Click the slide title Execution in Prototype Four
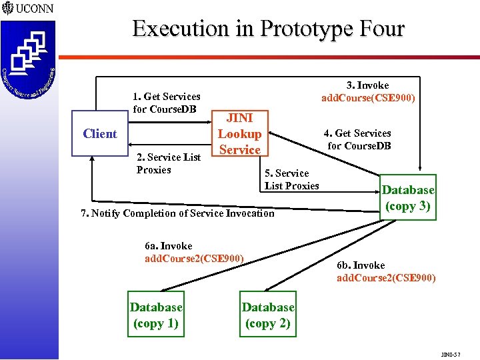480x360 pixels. click(268, 29)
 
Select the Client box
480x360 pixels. click(99, 133)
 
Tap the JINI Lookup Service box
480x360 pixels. click(239, 134)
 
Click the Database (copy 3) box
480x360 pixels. click(407, 198)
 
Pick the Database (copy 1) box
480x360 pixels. click(155, 315)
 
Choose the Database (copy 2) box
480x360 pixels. click(267, 315)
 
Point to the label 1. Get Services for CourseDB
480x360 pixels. click(166, 103)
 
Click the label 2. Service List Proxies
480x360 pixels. click(168, 163)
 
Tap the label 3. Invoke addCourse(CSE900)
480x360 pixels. click(368, 92)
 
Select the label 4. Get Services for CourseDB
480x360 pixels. click(359, 139)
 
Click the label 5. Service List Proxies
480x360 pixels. click(291, 179)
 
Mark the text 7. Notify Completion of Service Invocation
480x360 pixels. click(177, 213)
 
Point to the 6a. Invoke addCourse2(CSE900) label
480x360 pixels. click(194, 252)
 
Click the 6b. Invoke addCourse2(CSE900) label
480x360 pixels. click(386, 271)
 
